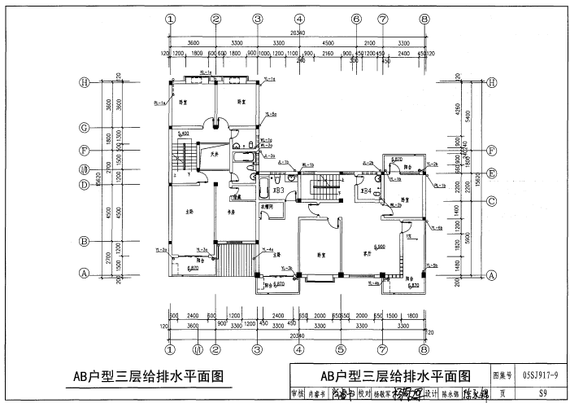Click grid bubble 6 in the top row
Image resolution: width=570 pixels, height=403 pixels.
(356, 19)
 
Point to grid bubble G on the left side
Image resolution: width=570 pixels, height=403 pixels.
(84, 128)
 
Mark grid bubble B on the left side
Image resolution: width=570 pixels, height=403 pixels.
(84, 241)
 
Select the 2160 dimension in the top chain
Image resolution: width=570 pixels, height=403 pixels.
(329, 54)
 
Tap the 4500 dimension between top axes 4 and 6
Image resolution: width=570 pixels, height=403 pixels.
(329, 42)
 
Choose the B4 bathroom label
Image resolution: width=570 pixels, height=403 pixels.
(367, 191)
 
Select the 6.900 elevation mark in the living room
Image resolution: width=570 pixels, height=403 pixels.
(380, 246)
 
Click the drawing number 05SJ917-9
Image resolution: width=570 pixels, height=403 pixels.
(540, 376)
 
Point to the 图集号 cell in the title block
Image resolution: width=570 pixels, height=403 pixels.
(503, 376)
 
